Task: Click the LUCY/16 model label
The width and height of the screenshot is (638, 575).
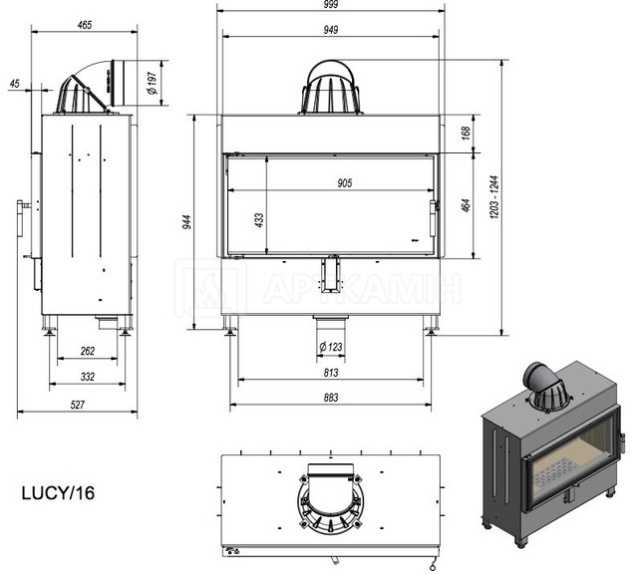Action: point(58,493)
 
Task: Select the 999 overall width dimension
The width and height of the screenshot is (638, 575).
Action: point(331,4)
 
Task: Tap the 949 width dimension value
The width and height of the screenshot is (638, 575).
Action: point(331,30)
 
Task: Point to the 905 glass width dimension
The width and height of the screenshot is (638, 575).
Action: point(345,183)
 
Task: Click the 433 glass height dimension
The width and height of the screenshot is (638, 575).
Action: point(259,220)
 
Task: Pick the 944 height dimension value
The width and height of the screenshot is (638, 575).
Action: point(186,222)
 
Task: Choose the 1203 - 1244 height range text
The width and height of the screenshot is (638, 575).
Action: point(494,197)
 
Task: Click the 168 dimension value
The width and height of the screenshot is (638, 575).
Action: point(467,133)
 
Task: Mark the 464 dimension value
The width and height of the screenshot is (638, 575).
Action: point(467,205)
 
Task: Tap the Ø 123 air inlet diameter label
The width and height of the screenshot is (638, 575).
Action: point(331,347)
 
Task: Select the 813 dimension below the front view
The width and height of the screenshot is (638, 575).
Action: point(331,373)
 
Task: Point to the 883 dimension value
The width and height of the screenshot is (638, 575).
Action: point(331,398)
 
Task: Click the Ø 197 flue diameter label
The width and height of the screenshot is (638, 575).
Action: point(152,84)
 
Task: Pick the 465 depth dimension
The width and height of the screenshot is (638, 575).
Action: point(84,25)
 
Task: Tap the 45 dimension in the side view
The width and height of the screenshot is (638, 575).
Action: point(14,84)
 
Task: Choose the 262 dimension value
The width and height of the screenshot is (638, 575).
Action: point(88,351)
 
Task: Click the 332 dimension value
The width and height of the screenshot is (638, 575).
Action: point(88,377)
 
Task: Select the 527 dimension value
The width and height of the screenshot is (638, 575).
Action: point(78,405)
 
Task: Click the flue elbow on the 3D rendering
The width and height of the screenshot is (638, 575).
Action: point(541,379)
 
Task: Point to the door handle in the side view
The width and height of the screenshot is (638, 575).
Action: point(21,218)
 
